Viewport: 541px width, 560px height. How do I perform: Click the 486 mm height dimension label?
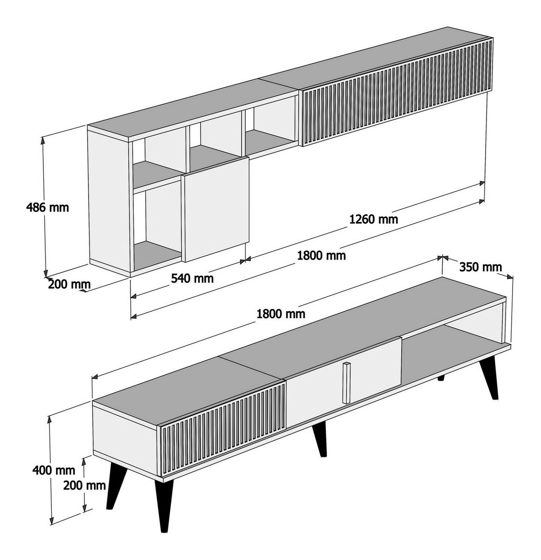(48, 207)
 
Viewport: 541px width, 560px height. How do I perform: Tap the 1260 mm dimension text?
(374, 219)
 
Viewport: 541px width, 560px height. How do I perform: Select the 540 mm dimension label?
(192, 278)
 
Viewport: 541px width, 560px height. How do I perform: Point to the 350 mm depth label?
(480, 267)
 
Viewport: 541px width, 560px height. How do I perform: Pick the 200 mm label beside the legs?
(84, 485)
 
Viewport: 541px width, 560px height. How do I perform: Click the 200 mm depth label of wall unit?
(69, 284)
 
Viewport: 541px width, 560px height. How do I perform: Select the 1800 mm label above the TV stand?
(281, 314)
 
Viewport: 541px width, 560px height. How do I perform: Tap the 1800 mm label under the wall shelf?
(321, 256)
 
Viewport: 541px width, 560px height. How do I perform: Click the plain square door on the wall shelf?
(216, 209)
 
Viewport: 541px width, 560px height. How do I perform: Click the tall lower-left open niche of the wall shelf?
(158, 227)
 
